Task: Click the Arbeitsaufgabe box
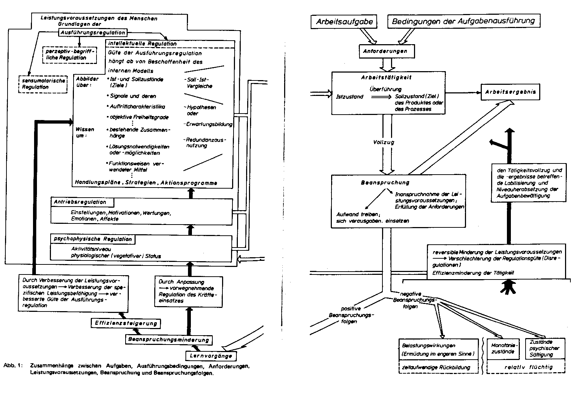tap(344, 22)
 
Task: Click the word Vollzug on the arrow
tap(384, 142)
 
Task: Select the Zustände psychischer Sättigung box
tap(544, 348)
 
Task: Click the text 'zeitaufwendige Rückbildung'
tap(439, 367)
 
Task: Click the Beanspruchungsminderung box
tap(168, 340)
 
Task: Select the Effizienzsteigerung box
tap(126, 323)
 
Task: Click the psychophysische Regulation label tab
tap(93, 239)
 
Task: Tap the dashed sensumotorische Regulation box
tap(43, 84)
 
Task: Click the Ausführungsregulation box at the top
tap(93, 32)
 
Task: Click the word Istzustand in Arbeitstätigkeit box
tap(349, 97)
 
